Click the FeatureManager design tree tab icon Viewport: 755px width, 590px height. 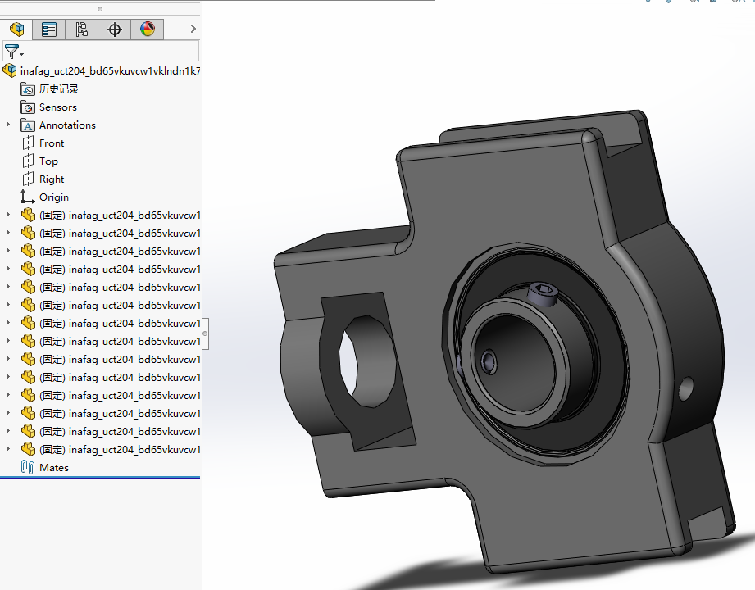[x=16, y=29]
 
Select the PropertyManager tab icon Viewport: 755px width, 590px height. [x=49, y=29]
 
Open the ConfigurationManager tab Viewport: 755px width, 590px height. [x=82, y=29]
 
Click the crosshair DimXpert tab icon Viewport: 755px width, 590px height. [x=115, y=29]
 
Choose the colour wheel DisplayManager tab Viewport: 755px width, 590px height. [x=148, y=29]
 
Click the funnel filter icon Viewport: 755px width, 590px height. [x=11, y=52]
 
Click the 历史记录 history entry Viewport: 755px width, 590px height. [x=59, y=89]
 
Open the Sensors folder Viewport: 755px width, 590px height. [x=57, y=107]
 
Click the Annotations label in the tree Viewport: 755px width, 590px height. [x=67, y=125]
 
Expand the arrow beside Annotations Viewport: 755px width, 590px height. [x=8, y=125]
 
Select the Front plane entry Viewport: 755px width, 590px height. [x=52, y=143]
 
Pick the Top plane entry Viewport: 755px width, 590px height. [x=48, y=161]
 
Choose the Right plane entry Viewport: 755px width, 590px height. [x=52, y=179]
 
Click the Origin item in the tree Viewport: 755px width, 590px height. [x=54, y=197]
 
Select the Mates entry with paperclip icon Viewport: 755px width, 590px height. [x=54, y=468]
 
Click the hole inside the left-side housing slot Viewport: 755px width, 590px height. [x=366, y=361]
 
